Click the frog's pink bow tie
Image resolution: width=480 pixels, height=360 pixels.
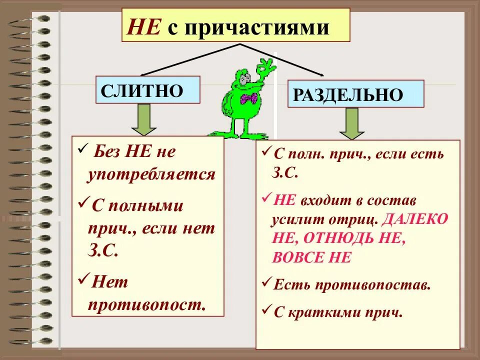[248, 98]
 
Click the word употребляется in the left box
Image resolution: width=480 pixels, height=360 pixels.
[151, 174]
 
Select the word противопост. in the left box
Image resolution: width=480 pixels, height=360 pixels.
[147, 304]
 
